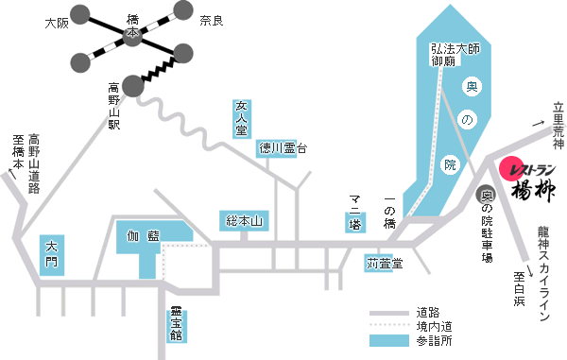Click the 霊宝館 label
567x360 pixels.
pyautogui.click(x=176, y=322)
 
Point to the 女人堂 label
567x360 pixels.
pyautogui.click(x=241, y=119)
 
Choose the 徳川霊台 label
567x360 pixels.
pyautogui.click(x=283, y=147)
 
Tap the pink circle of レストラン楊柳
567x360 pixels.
pyautogui.click(x=511, y=167)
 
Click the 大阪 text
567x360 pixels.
pyautogui.click(x=58, y=22)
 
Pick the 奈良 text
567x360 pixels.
pyautogui.click(x=211, y=20)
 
